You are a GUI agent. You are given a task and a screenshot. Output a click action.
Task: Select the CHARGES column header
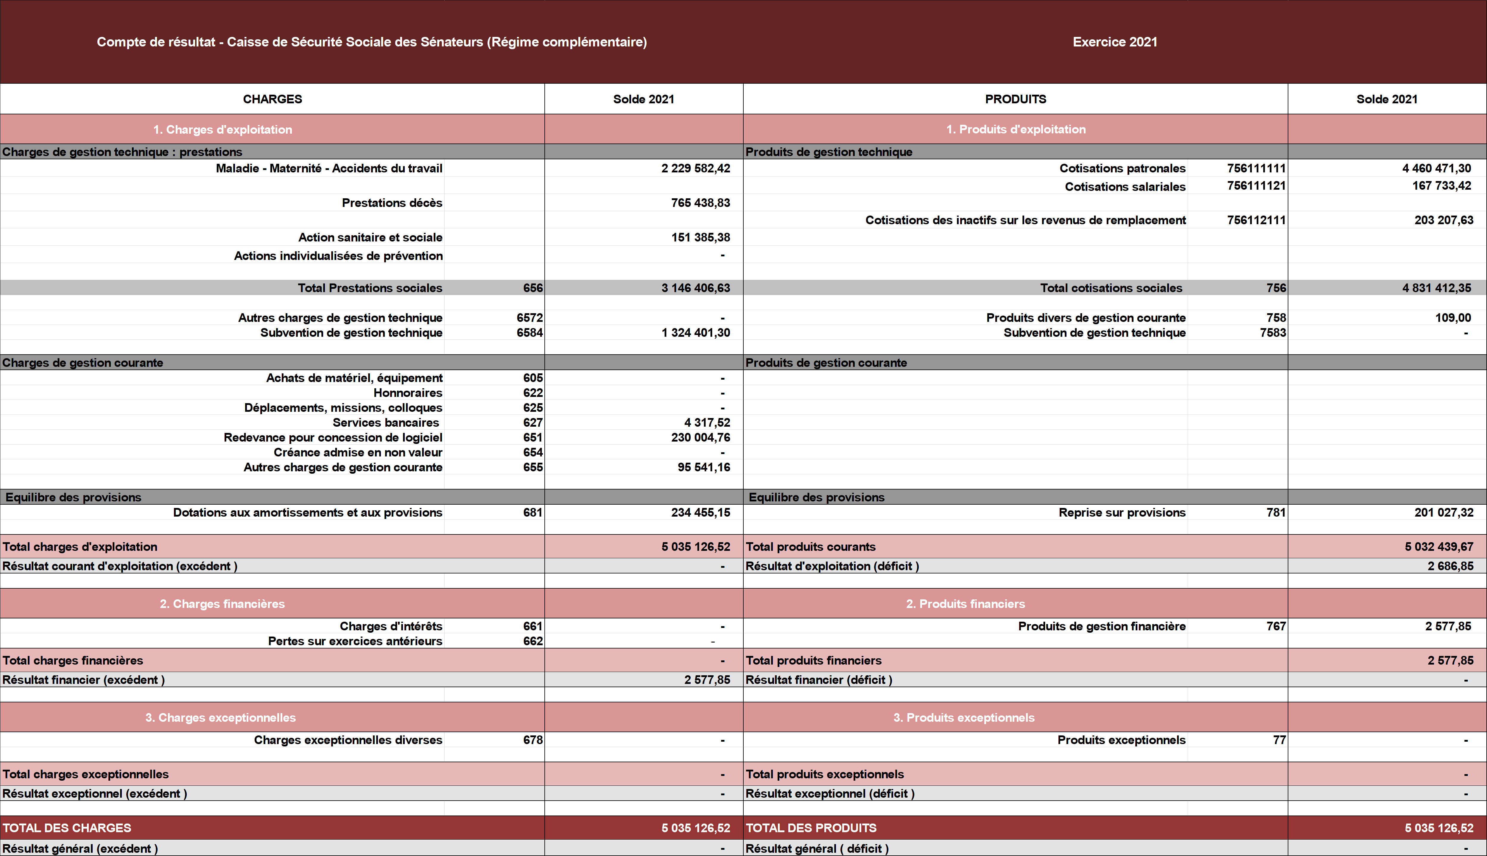tap(272, 99)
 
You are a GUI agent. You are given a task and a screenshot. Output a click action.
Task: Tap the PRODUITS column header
tap(1016, 99)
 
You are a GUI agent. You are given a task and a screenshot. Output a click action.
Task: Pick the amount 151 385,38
tap(700, 238)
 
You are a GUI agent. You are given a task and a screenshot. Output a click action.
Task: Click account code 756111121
tap(1256, 186)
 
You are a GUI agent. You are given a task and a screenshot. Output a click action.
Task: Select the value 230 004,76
tap(700, 437)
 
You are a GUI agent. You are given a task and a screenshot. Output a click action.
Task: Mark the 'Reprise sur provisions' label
tap(1122, 513)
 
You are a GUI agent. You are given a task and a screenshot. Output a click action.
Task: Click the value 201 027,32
tap(1444, 513)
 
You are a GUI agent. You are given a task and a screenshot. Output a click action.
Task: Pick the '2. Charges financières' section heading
tap(222, 604)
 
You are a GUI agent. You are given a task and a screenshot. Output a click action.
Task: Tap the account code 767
tap(1276, 626)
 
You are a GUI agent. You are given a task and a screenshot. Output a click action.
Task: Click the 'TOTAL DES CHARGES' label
tap(67, 828)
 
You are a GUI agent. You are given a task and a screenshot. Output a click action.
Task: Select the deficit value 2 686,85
tap(1450, 566)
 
